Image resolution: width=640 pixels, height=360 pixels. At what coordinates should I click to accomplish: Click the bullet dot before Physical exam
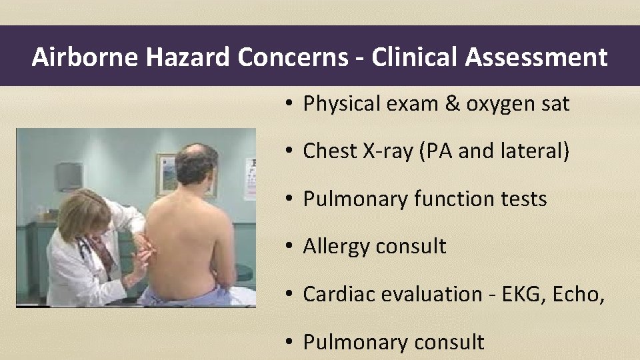click(288, 104)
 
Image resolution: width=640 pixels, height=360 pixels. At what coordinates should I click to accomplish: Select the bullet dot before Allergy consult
click(288, 246)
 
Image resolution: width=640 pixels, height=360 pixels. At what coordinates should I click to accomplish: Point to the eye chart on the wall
click(250, 179)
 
